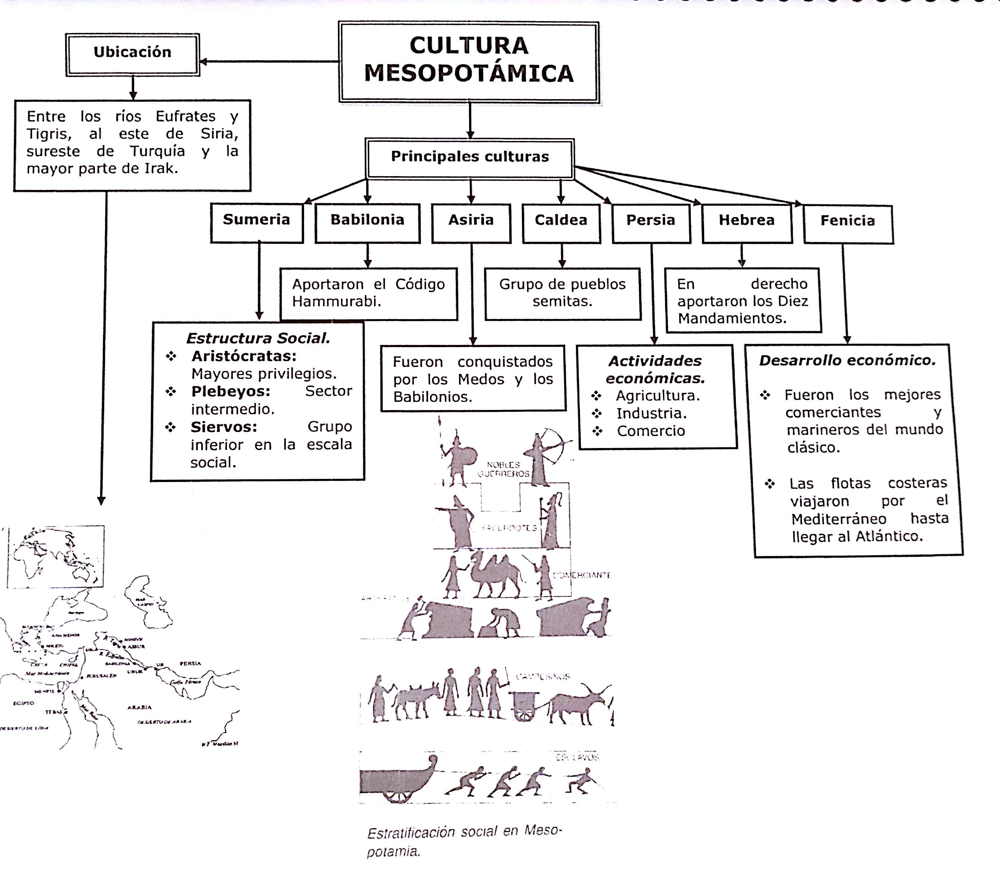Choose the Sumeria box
point(257,221)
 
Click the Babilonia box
point(367,221)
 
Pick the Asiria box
point(471,221)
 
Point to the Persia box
point(651,221)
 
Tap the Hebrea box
point(747,221)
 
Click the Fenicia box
point(848,222)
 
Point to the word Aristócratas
point(244,356)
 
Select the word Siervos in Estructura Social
point(224,427)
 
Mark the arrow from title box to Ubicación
point(269,61)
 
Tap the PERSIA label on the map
point(190,663)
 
